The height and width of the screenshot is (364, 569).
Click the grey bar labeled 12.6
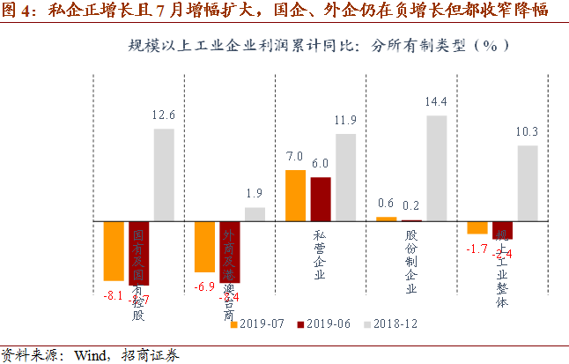point(164,175)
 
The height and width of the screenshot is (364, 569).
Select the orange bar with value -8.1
point(114,250)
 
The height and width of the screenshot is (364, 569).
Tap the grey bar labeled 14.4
point(437,167)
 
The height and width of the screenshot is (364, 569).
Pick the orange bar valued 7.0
point(295,195)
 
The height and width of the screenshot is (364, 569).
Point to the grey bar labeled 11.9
point(345,176)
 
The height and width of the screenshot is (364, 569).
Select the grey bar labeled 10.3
point(527,182)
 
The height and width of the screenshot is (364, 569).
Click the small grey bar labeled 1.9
point(255,213)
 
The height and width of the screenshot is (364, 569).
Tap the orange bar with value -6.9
point(204,246)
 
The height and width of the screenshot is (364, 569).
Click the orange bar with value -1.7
point(477,227)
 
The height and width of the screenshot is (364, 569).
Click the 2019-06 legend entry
point(326,323)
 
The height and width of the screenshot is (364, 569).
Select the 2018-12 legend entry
point(393,323)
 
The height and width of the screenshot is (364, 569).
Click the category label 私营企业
point(319,256)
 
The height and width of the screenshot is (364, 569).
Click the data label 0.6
point(385,204)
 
